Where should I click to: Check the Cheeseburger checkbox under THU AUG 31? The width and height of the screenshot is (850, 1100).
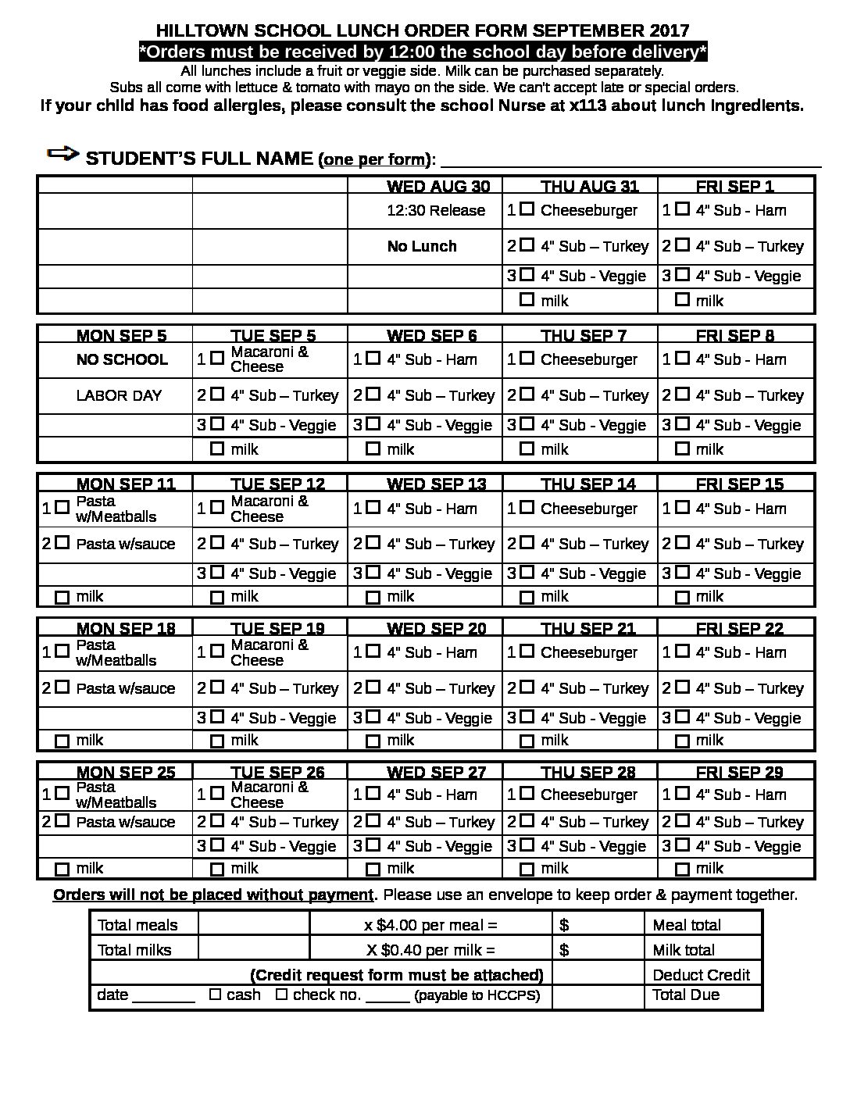coord(527,209)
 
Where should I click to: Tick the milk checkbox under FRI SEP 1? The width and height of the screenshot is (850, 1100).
coord(682,299)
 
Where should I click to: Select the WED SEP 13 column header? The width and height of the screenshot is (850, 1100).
coord(436,484)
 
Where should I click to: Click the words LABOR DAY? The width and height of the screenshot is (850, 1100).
coord(119,395)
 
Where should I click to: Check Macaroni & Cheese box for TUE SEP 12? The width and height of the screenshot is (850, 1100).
coord(216,508)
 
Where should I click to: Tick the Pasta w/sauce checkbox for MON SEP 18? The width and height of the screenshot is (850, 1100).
coord(62,687)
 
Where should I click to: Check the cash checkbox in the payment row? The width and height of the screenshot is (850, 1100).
coord(216,995)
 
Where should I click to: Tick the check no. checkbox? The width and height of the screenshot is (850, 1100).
coord(282,995)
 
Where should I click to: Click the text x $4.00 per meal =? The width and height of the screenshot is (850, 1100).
coord(430,925)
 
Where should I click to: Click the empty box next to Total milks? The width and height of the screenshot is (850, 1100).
coord(254,949)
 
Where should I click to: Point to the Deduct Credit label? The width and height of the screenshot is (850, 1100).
coord(701,974)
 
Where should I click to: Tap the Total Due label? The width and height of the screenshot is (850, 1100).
coord(686,995)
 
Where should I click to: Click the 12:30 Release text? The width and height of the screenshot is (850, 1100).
coord(436,210)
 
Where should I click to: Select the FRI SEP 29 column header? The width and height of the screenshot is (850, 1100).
coord(739,772)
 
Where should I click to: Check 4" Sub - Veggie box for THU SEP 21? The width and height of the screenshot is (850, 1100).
coord(527,716)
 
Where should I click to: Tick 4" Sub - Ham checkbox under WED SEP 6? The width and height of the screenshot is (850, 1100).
coord(373,359)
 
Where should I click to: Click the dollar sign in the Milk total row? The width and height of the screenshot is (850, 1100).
coord(564,950)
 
